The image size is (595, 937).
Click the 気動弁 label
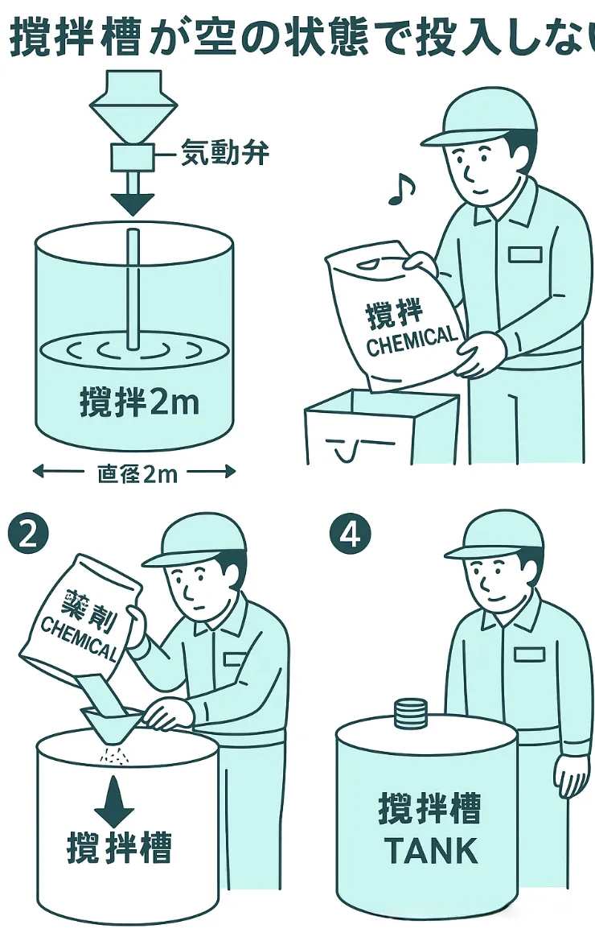pos(225,152)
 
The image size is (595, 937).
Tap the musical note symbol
pos(401,190)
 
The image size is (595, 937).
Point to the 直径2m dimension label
pos(137,474)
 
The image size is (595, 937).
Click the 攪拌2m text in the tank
pos(139,401)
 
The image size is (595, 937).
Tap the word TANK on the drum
pos(431,851)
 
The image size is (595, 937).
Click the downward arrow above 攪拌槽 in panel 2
pos(114,801)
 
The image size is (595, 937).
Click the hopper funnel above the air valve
pos(133,107)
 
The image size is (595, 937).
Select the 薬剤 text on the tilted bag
pos(89,610)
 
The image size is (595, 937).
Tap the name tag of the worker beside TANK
pos(529,654)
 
